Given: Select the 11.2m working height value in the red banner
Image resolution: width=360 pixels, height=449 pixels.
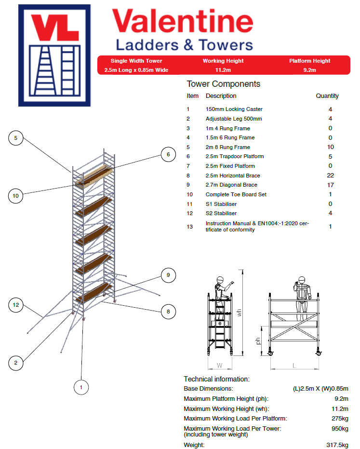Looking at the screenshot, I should (223, 70).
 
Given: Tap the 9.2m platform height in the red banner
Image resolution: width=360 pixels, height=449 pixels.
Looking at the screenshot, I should (309, 70).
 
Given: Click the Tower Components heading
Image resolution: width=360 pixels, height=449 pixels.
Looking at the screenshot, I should (223, 84).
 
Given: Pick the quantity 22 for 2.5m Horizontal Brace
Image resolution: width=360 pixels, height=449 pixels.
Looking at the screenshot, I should (330, 176).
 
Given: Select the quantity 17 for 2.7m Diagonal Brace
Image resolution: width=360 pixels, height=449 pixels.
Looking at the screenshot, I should (330, 185).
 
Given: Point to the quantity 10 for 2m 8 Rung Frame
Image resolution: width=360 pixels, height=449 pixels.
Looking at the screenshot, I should (330, 147).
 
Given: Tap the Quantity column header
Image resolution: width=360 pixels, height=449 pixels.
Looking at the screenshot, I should (327, 96).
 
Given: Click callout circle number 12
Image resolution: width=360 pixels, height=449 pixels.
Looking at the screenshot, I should (16, 304).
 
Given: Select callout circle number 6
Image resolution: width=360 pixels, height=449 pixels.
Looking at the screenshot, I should (168, 155).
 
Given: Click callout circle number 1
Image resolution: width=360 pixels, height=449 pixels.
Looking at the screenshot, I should (81, 386).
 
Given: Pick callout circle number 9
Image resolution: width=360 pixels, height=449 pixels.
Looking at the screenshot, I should (168, 275).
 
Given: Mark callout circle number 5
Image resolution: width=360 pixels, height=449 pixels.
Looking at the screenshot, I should (16, 138).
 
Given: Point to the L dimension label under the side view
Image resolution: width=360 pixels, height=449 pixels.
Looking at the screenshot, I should (294, 366).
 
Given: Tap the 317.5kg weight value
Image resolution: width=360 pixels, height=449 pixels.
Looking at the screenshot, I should (337, 445).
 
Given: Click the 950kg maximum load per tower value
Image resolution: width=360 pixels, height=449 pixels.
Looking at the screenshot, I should (339, 428).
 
